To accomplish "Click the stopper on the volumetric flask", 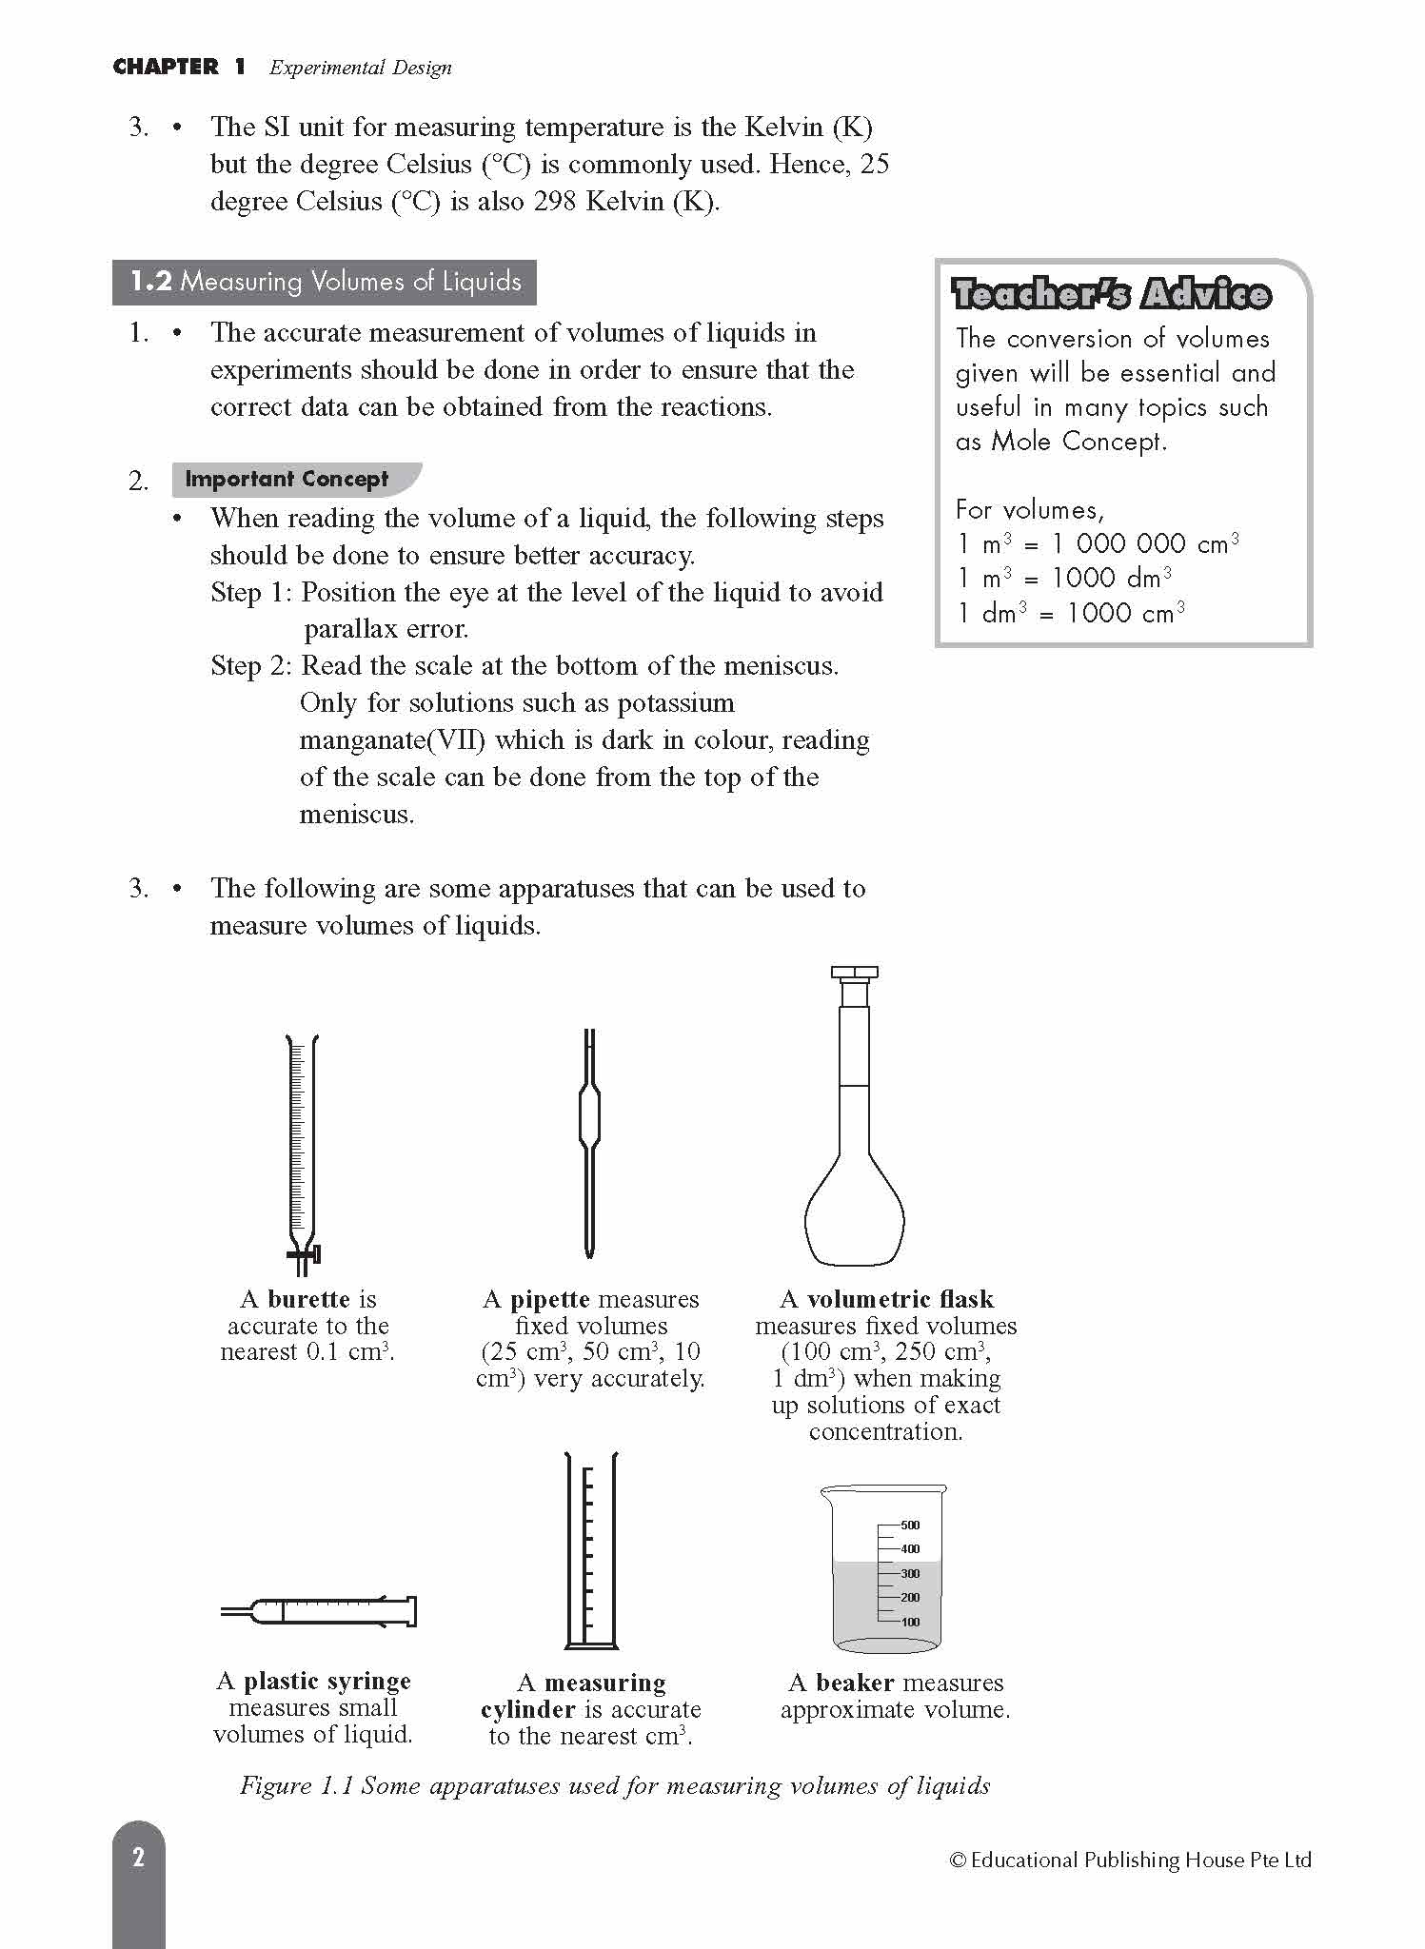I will pyautogui.click(x=854, y=974).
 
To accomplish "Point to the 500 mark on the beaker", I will pyautogui.click(x=909, y=1525).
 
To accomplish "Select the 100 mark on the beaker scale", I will pyautogui.click(x=909, y=1622).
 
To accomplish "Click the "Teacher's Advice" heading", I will pyautogui.click(x=1110, y=294).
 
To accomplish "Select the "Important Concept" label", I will pyautogui.click(x=287, y=479).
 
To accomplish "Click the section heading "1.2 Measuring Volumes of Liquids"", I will pyautogui.click(x=325, y=282).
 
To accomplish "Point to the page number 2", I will pyautogui.click(x=138, y=1857).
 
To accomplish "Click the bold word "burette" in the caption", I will pyautogui.click(x=308, y=1299).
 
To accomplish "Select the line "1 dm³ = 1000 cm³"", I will pyautogui.click(x=1070, y=613).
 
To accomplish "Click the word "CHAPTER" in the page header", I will pyautogui.click(x=166, y=67).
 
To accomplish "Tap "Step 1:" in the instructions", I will pyautogui.click(x=251, y=592).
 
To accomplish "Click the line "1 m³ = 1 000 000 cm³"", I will pyautogui.click(x=1097, y=543).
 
